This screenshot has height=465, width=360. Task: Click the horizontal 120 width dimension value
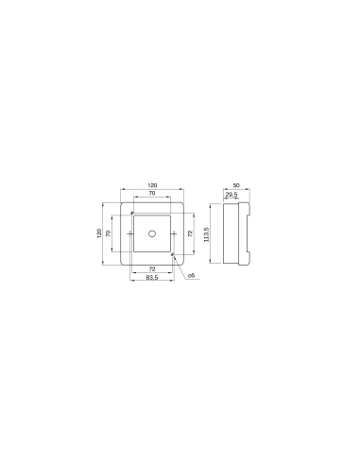[x=151, y=185]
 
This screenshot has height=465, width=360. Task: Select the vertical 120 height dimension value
[x=100, y=232]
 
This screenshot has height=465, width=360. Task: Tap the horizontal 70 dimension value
[x=151, y=195]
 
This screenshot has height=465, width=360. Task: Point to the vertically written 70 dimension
[x=110, y=232]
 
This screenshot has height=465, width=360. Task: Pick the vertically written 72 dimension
[x=192, y=232]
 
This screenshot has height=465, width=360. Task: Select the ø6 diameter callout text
[x=191, y=275]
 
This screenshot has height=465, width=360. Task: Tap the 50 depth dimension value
[x=235, y=185]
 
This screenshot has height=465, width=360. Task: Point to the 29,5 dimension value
[x=231, y=195]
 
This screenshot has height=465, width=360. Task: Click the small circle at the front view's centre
[x=151, y=232]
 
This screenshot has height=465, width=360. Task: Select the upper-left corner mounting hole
[x=132, y=213]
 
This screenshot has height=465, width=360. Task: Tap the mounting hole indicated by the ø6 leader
[x=171, y=252]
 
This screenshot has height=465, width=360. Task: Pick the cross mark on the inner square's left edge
[x=129, y=232]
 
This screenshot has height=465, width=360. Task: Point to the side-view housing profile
[x=235, y=232]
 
